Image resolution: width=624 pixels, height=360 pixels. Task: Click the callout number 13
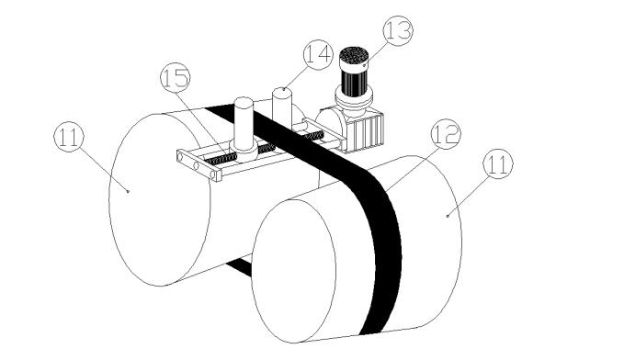click(x=398, y=30)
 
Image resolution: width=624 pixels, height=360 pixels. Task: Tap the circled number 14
click(x=318, y=54)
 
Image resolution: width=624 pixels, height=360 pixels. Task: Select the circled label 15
click(x=176, y=77)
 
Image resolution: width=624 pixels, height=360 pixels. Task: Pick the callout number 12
click(x=446, y=134)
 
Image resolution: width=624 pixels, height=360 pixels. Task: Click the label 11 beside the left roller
click(x=69, y=137)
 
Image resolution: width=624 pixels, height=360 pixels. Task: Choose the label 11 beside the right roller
click(x=498, y=163)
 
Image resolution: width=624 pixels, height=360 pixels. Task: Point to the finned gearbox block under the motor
click(x=366, y=129)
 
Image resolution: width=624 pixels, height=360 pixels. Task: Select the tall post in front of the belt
click(x=244, y=123)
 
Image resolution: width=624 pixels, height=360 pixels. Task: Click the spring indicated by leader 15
click(x=220, y=160)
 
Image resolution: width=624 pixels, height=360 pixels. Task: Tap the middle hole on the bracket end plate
click(x=196, y=165)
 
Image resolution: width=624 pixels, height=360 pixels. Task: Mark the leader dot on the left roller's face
click(x=128, y=191)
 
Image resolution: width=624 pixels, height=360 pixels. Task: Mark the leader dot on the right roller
click(x=448, y=216)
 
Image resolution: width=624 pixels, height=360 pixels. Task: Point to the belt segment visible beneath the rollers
click(x=239, y=266)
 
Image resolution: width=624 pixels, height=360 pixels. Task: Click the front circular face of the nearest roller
click(x=294, y=271)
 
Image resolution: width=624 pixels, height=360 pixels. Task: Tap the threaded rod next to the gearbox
click(x=314, y=136)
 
